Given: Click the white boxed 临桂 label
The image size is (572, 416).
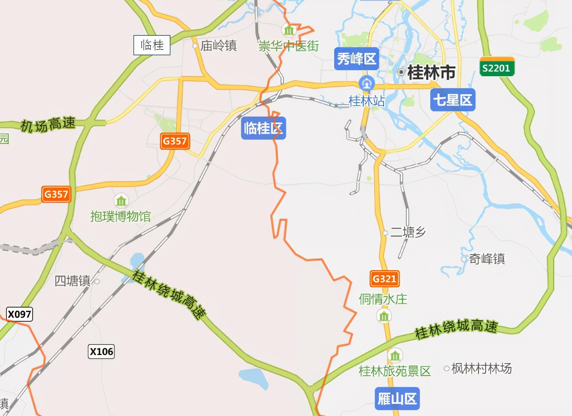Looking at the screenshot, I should coord(152,45).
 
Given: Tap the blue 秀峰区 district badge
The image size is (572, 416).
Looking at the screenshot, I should coord(356,59).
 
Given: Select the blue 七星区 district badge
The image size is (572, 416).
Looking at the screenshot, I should coord(453,100).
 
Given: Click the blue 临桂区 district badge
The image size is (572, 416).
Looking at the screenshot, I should coord(263,128).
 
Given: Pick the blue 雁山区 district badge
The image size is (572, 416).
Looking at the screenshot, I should coord(397,399).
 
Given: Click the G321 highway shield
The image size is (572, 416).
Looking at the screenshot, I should coord(384,279).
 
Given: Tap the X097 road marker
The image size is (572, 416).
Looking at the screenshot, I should coord(20,314).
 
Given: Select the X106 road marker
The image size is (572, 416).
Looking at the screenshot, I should coord(101,352).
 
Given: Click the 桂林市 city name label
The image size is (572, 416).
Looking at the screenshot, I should coord(431,72).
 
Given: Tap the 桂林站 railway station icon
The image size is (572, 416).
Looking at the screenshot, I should coord(367,83).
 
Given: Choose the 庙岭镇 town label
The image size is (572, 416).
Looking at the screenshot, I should coord(218,46).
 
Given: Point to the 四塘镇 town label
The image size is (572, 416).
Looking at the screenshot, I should coord(73,281).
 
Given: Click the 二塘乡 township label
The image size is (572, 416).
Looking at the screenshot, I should coord(408,232).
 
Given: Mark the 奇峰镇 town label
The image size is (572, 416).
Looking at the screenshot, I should coord(487,259).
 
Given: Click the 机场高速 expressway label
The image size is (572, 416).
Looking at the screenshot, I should coord(48,124).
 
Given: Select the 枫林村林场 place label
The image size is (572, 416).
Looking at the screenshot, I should coord(481,368).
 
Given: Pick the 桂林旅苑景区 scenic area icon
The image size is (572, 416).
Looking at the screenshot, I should coord(395,355).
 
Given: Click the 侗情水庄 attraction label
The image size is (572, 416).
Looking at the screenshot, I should coord(383,299).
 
